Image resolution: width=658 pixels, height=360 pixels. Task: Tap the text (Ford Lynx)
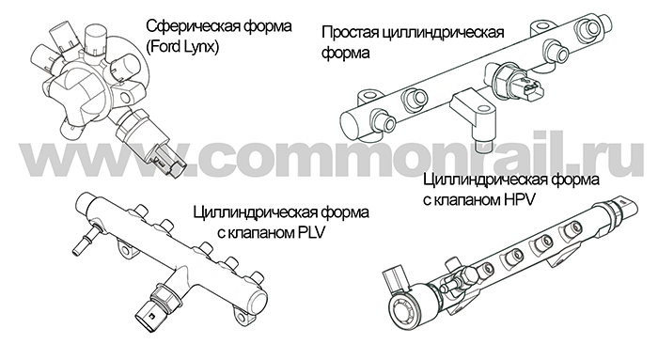click(182, 47)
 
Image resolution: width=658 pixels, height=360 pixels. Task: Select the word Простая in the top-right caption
click(350, 33)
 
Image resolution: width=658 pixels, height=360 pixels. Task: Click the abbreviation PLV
click(311, 232)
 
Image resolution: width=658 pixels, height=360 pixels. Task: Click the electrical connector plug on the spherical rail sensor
click(168, 162)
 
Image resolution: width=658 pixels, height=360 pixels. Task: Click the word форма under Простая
click(346, 54)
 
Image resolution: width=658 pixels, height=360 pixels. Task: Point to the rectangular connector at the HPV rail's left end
click(395, 280)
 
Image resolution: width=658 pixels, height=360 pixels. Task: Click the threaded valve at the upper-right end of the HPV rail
click(621, 209)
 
